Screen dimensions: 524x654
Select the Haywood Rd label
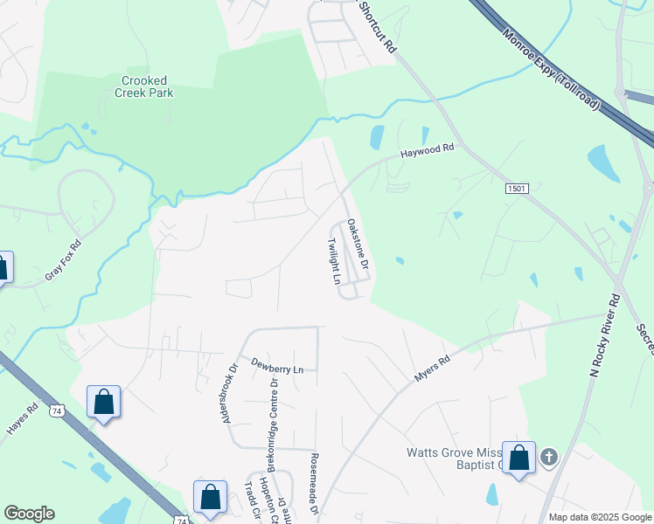click(428, 151)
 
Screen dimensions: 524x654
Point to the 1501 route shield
click(518, 188)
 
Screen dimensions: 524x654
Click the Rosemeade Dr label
click(312, 483)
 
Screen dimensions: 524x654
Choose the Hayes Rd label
click(21, 419)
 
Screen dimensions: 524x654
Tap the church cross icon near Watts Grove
click(548, 457)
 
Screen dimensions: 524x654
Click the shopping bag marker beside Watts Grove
click(519, 458)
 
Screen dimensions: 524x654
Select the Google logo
click(29, 514)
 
